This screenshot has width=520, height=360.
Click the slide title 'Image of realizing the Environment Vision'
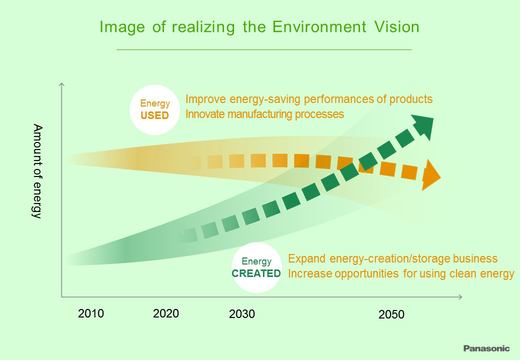point(259,27)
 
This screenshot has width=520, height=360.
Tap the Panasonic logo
point(486,348)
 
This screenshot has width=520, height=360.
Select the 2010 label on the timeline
point(91,313)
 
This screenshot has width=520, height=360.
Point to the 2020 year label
point(166,313)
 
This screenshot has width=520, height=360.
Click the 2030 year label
point(241,314)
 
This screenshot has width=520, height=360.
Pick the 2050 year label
point(391,314)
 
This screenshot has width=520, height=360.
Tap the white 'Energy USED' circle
point(154,109)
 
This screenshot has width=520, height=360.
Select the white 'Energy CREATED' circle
point(256,267)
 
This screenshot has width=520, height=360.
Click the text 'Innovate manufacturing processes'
point(264,114)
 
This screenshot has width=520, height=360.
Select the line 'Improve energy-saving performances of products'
point(308,99)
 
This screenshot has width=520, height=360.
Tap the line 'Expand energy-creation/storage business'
point(393,258)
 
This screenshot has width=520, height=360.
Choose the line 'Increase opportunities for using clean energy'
point(401,273)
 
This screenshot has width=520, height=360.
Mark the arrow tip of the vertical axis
point(61,85)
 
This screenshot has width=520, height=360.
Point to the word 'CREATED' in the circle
point(256,273)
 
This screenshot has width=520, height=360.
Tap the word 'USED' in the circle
point(154,115)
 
